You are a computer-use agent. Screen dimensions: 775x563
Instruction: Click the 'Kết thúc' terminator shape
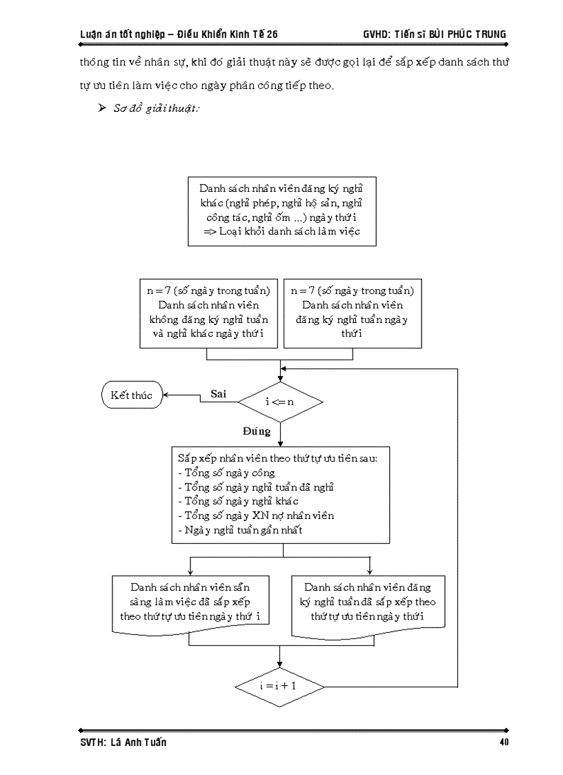pos(131,395)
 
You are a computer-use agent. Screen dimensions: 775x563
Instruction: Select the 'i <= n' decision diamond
pos(279,401)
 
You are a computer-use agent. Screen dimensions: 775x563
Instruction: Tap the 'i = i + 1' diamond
pos(279,687)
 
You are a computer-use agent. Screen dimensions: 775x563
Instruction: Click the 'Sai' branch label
pos(219,393)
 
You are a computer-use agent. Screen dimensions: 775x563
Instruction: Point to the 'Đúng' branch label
pos(256,431)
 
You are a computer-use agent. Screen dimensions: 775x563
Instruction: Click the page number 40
pos(503,743)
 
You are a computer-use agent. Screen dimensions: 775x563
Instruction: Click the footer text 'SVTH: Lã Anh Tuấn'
pos(123,743)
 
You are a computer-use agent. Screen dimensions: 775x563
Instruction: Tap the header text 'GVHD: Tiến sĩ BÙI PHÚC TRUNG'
pos(434,34)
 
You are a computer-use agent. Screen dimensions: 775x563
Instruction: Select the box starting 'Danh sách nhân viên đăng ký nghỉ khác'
pos(282,210)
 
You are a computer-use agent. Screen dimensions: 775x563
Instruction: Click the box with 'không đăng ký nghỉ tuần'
pos(208,313)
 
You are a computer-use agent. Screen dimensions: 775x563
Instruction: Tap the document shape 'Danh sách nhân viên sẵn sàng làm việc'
pos(190,602)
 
